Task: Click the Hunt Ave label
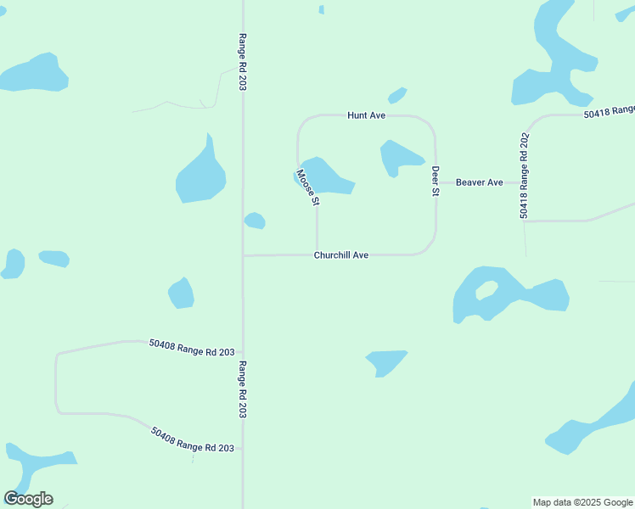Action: (x=367, y=115)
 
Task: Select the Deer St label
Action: (x=436, y=181)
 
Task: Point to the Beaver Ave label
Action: (x=480, y=182)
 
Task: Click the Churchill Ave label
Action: (x=341, y=255)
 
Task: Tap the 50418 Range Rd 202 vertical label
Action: (x=525, y=176)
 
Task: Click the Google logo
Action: (x=28, y=499)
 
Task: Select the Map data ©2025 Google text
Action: (x=583, y=502)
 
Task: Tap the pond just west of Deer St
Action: (x=397, y=157)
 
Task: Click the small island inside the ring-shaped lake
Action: (x=486, y=290)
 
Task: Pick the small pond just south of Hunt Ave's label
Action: (x=397, y=95)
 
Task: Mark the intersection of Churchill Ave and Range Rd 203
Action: (x=244, y=255)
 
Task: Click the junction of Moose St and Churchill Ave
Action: (x=317, y=254)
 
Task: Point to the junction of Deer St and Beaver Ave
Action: (x=436, y=182)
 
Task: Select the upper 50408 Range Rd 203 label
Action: (x=191, y=347)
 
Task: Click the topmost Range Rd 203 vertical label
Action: (x=243, y=62)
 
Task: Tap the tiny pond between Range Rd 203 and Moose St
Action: (x=255, y=221)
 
